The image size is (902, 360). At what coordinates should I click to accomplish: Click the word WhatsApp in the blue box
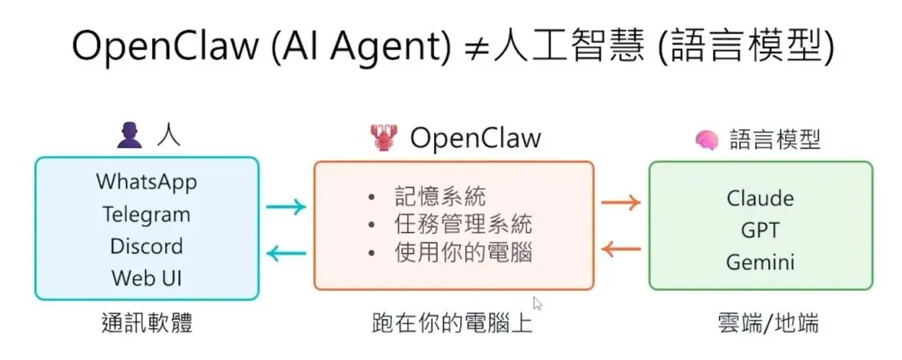(x=147, y=181)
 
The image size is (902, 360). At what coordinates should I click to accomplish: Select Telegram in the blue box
(x=147, y=214)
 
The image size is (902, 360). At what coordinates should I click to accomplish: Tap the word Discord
(x=147, y=246)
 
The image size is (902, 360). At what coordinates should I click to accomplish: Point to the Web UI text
(x=147, y=278)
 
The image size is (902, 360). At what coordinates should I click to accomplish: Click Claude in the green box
(x=760, y=199)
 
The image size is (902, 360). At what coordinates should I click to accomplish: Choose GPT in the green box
(x=760, y=231)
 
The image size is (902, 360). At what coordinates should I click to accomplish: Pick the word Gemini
(x=760, y=262)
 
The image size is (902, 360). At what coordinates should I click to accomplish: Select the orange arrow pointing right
(x=621, y=201)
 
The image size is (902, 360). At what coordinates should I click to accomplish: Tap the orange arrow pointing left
(x=621, y=248)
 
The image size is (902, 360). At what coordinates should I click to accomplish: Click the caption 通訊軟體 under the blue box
(x=147, y=323)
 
